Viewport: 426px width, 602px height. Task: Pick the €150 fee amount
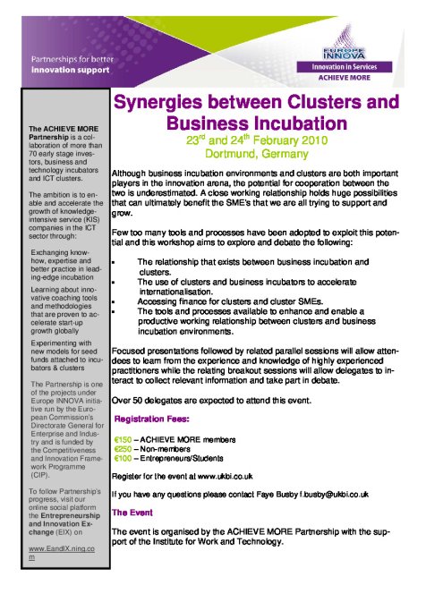click(124, 439)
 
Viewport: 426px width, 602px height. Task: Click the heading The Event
click(131, 512)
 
